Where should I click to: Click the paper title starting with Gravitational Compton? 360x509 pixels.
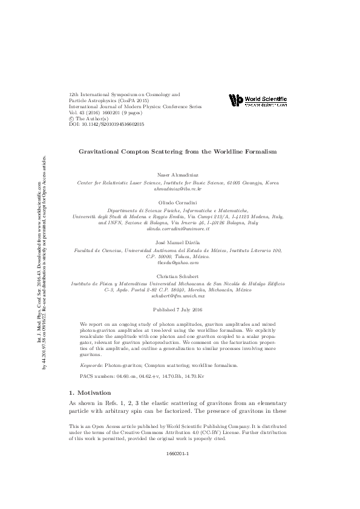coord(178,151)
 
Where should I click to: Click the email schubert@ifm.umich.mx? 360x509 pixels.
coord(178,296)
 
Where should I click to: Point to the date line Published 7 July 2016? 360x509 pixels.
coord(178,310)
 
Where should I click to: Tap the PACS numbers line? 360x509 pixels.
coord(137,375)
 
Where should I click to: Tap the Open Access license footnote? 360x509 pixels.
coord(178,432)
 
